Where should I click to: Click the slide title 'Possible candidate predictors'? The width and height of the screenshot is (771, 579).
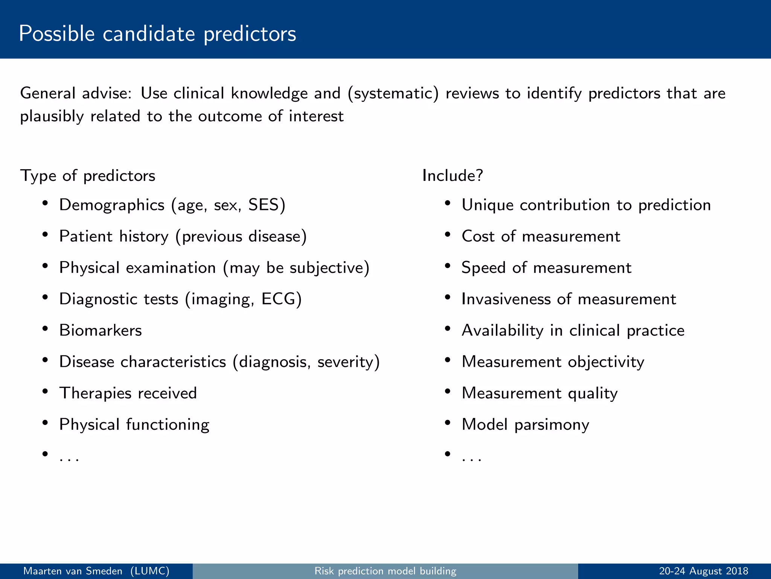157,34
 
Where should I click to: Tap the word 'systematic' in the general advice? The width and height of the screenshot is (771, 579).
393,93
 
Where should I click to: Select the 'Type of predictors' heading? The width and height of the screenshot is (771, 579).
87,176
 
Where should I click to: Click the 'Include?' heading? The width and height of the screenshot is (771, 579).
453,176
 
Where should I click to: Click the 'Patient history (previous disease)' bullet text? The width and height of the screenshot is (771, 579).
183,237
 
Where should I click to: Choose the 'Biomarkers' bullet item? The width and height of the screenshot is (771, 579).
101,331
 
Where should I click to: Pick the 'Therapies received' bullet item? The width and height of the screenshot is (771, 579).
128,393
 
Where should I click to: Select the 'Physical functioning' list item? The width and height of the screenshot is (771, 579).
134,424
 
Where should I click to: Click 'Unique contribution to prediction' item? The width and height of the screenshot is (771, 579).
586,205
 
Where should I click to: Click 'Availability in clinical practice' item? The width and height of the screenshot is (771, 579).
573,331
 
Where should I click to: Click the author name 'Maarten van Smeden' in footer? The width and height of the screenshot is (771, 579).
73,571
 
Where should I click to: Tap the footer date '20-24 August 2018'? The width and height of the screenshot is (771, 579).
703,571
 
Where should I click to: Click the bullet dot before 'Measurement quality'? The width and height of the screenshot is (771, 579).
447,391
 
